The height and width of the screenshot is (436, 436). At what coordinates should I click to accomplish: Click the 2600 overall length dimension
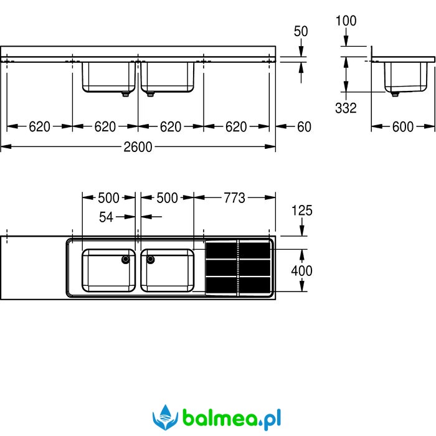138,147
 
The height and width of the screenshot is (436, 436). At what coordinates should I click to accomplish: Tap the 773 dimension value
235,198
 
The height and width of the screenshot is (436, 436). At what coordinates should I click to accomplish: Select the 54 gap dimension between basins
107,217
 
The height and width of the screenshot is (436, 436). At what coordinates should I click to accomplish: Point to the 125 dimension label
302,211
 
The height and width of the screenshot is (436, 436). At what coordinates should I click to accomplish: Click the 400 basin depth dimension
302,270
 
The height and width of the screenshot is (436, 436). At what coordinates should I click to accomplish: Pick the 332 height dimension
346,108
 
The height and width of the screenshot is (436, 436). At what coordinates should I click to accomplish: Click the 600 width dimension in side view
403,127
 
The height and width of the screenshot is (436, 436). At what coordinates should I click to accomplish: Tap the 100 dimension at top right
346,21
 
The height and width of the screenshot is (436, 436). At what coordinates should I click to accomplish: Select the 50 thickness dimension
301,31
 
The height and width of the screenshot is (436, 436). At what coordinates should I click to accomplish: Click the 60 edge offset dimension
304,127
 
